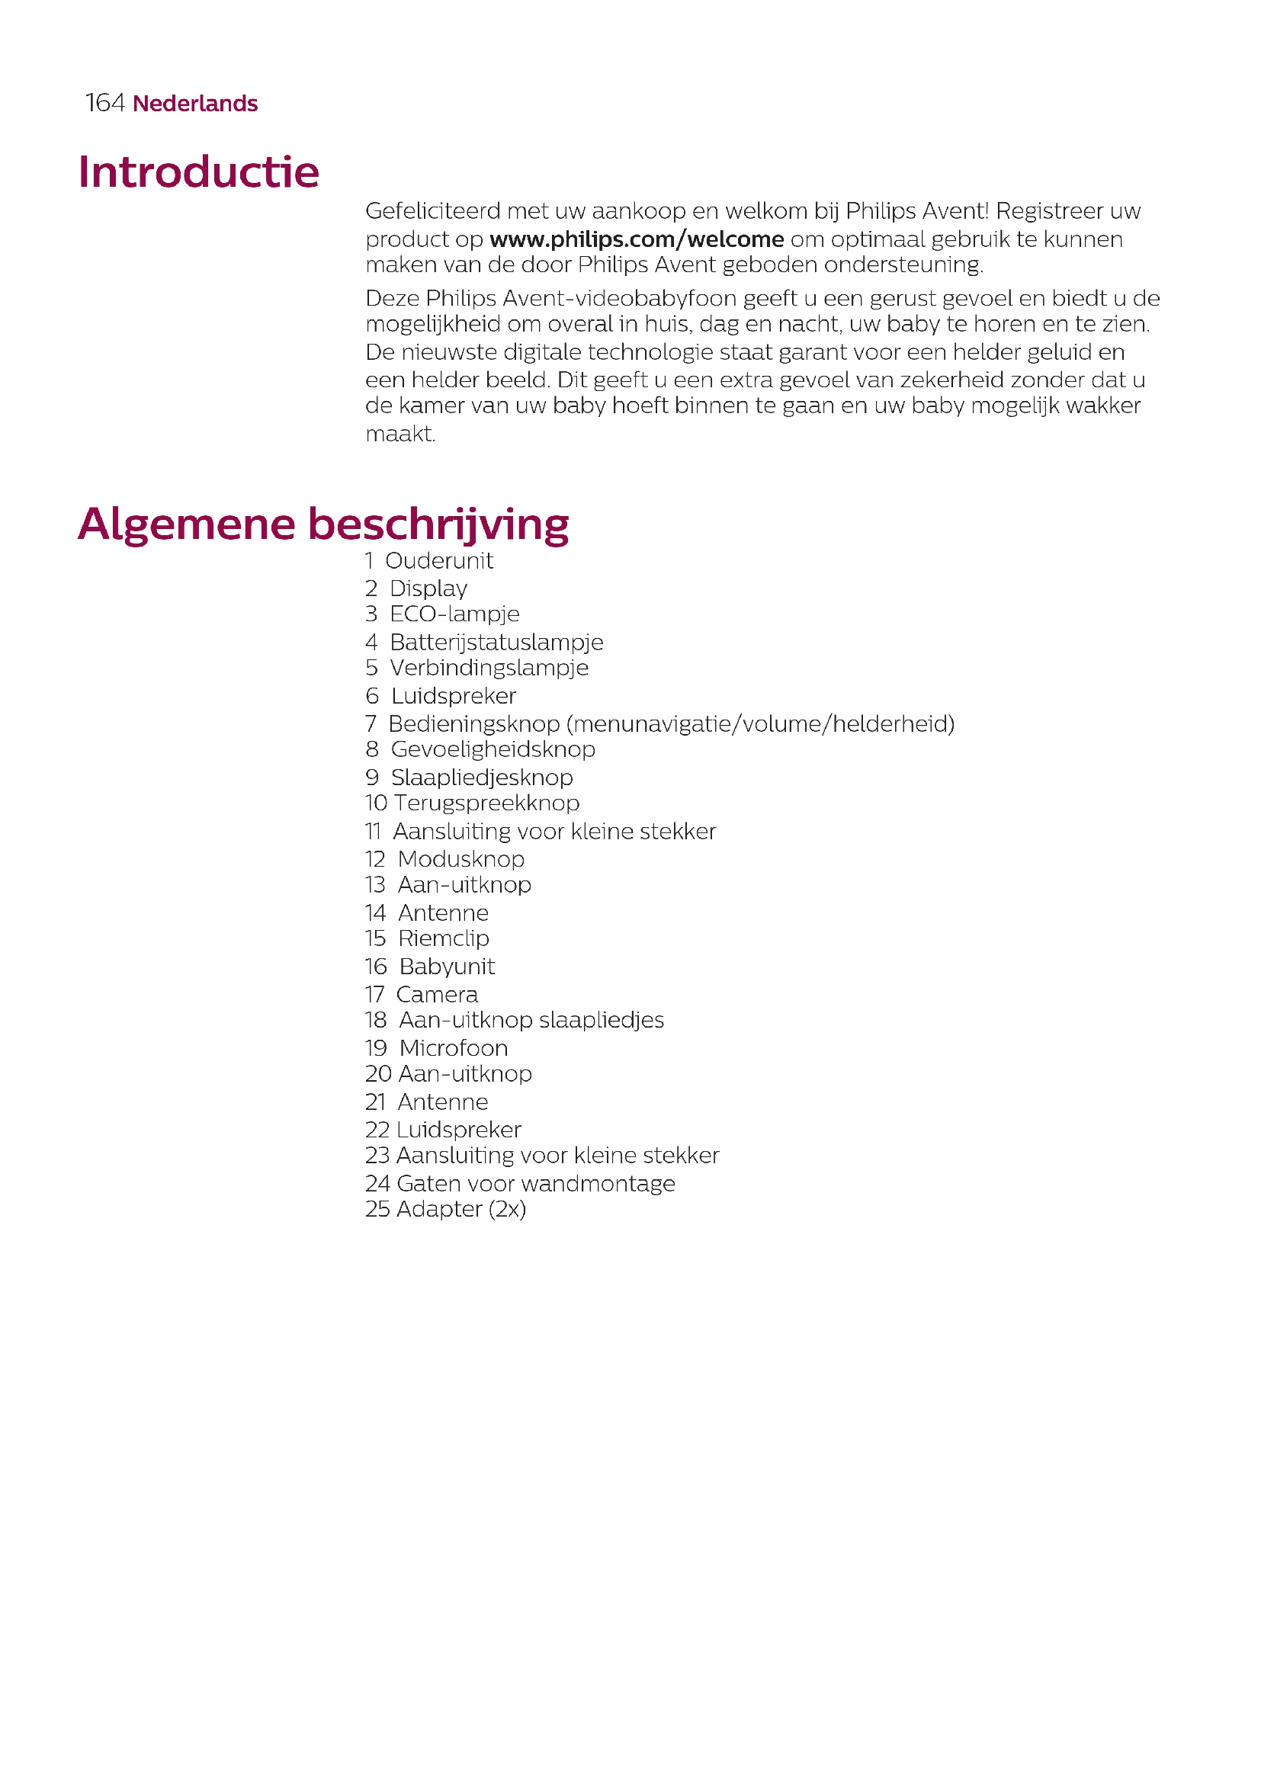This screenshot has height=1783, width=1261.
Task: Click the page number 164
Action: (104, 103)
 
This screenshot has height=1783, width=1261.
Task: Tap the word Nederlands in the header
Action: (195, 104)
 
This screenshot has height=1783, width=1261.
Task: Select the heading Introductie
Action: (198, 172)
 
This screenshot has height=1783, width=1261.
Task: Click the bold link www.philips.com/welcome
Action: (636, 239)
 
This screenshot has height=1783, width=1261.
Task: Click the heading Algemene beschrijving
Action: (323, 524)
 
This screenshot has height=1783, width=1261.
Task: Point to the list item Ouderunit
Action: (438, 561)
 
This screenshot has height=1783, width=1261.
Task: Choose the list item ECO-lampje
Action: (454, 614)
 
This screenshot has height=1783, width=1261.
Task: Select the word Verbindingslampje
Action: (489, 668)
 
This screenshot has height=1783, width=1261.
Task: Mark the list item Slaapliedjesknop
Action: (481, 778)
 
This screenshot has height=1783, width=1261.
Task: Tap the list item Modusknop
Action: (460, 859)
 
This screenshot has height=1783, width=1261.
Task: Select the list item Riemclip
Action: (444, 939)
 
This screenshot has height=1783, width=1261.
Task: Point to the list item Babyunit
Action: (447, 967)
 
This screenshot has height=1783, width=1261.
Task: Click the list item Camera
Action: (436, 995)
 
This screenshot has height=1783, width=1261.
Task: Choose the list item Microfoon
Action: (454, 1048)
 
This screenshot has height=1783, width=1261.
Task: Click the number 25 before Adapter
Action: (377, 1209)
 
